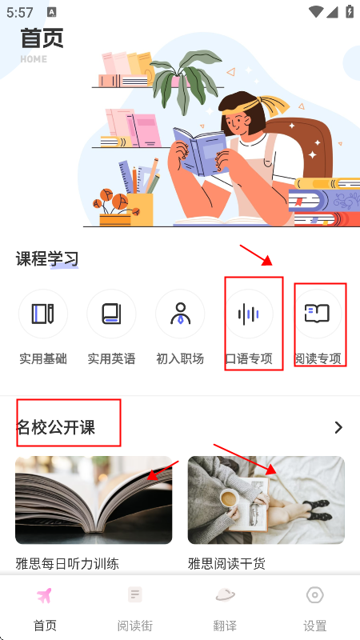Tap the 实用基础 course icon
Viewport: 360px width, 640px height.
pyautogui.click(x=43, y=314)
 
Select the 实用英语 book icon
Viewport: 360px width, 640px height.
pyautogui.click(x=111, y=314)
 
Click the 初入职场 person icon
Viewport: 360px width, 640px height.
pyautogui.click(x=180, y=314)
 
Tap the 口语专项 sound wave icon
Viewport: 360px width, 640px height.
pyautogui.click(x=249, y=314)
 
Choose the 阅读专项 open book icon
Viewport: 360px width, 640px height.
pyautogui.click(x=317, y=314)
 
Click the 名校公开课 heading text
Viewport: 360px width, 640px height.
pyautogui.click(x=55, y=427)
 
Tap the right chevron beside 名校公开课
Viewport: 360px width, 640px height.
pyautogui.click(x=338, y=427)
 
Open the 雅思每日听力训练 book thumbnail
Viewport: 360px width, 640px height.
pyautogui.click(x=94, y=500)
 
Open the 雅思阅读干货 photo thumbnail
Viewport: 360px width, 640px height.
pyautogui.click(x=266, y=500)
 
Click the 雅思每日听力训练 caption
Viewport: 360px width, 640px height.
pyautogui.click(x=67, y=564)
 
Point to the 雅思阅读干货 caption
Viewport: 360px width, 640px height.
pyautogui.click(x=226, y=564)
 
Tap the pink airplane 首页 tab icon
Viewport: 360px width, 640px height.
pyautogui.click(x=45, y=596)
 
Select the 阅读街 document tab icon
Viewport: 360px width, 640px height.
pyautogui.click(x=134, y=594)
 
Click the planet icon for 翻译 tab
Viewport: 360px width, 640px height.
pyautogui.click(x=225, y=595)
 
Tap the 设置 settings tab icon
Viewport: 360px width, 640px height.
pyautogui.click(x=314, y=595)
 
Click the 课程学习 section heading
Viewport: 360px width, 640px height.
pyautogui.click(x=47, y=258)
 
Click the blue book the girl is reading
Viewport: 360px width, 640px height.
pyautogui.click(x=200, y=151)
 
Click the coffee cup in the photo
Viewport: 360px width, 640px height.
pyautogui.click(x=230, y=498)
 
